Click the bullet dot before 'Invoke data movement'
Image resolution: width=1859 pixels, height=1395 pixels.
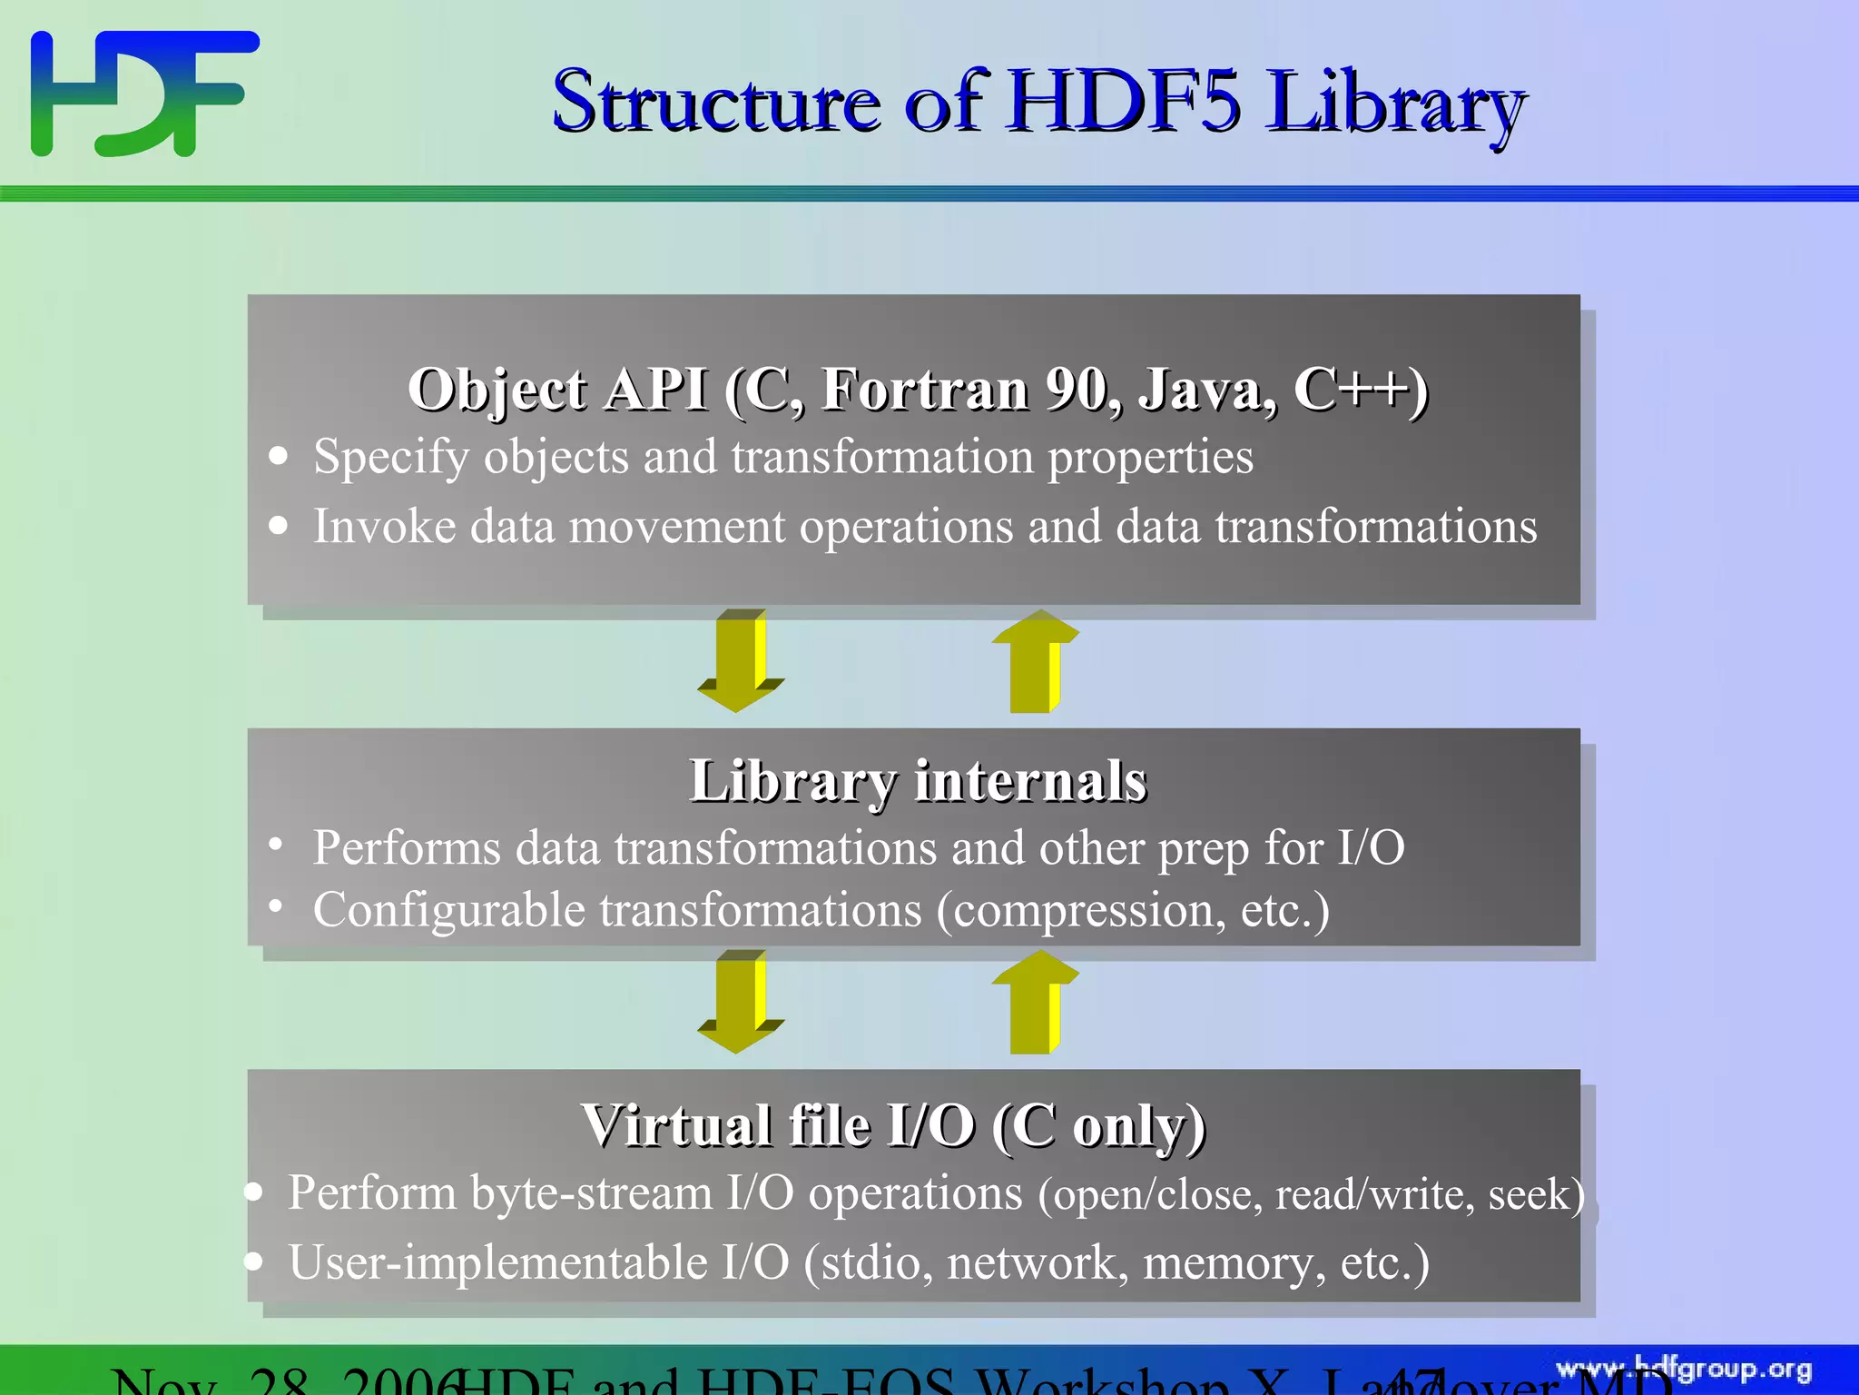click(x=279, y=526)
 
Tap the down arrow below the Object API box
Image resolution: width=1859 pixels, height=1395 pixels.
click(x=739, y=661)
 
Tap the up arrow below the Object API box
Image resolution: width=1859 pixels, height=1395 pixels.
click(x=1034, y=661)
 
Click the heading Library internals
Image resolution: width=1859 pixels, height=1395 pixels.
click(x=918, y=781)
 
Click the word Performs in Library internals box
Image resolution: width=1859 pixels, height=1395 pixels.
click(x=407, y=848)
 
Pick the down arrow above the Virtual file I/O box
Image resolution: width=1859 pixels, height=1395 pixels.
click(x=739, y=1002)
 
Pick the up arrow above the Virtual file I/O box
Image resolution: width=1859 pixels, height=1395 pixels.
click(x=1034, y=1002)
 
